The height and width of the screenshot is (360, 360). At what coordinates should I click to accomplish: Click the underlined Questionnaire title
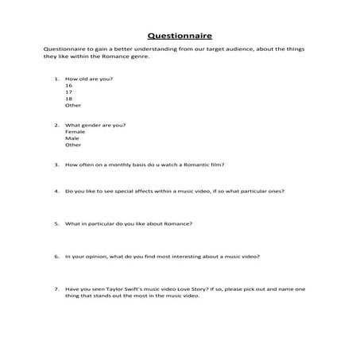180,35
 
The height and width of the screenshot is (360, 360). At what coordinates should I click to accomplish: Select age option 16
69,86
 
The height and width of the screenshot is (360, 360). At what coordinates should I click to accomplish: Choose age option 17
69,92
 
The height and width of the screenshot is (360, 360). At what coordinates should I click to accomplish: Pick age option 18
69,99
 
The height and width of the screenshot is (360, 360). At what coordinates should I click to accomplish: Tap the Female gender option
75,132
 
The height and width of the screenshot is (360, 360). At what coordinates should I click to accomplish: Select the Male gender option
72,138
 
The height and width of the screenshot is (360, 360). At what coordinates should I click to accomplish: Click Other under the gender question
73,145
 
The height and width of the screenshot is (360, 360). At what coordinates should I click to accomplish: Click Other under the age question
73,106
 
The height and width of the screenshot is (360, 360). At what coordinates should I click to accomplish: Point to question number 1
56,79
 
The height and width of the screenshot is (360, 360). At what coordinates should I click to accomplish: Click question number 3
56,165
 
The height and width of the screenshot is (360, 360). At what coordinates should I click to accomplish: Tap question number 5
56,224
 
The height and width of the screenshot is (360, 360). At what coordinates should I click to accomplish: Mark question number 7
56,289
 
